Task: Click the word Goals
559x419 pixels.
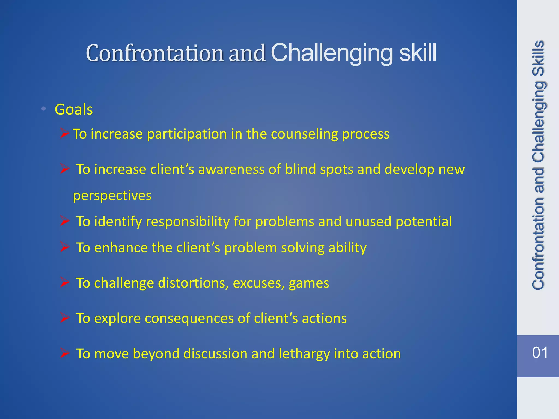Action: tap(74, 110)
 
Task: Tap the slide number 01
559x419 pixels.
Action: tap(540, 353)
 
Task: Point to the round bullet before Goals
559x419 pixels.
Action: tap(44, 109)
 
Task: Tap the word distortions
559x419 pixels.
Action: tap(193, 283)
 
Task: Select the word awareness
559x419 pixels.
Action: tap(231, 169)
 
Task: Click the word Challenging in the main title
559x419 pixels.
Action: tap(332, 53)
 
